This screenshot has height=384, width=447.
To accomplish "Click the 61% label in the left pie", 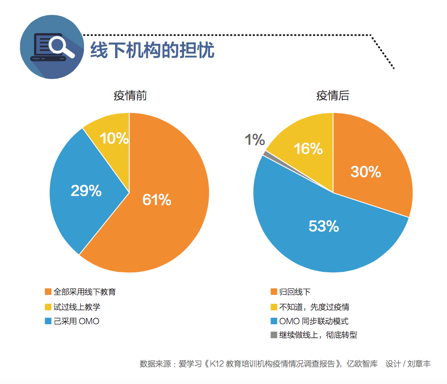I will (x=157, y=200).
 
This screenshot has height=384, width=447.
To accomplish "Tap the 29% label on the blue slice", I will (x=86, y=191).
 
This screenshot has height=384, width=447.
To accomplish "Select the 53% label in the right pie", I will (x=324, y=226).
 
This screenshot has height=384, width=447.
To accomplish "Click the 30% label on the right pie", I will (x=365, y=172).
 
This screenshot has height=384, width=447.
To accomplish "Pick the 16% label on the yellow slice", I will (x=308, y=148).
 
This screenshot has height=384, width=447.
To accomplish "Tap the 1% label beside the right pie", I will (x=254, y=140).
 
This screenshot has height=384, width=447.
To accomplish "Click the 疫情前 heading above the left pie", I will (x=130, y=96).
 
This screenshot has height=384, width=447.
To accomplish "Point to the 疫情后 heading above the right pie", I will (x=333, y=96).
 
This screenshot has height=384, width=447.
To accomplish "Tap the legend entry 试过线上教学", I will (x=76, y=307).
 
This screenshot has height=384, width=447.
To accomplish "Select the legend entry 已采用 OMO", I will (x=76, y=322).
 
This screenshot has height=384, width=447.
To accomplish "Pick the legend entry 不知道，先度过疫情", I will (x=314, y=307).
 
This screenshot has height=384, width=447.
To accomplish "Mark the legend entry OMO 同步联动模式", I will (x=313, y=322).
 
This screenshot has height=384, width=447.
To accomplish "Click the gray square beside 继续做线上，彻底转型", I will (x=274, y=335).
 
